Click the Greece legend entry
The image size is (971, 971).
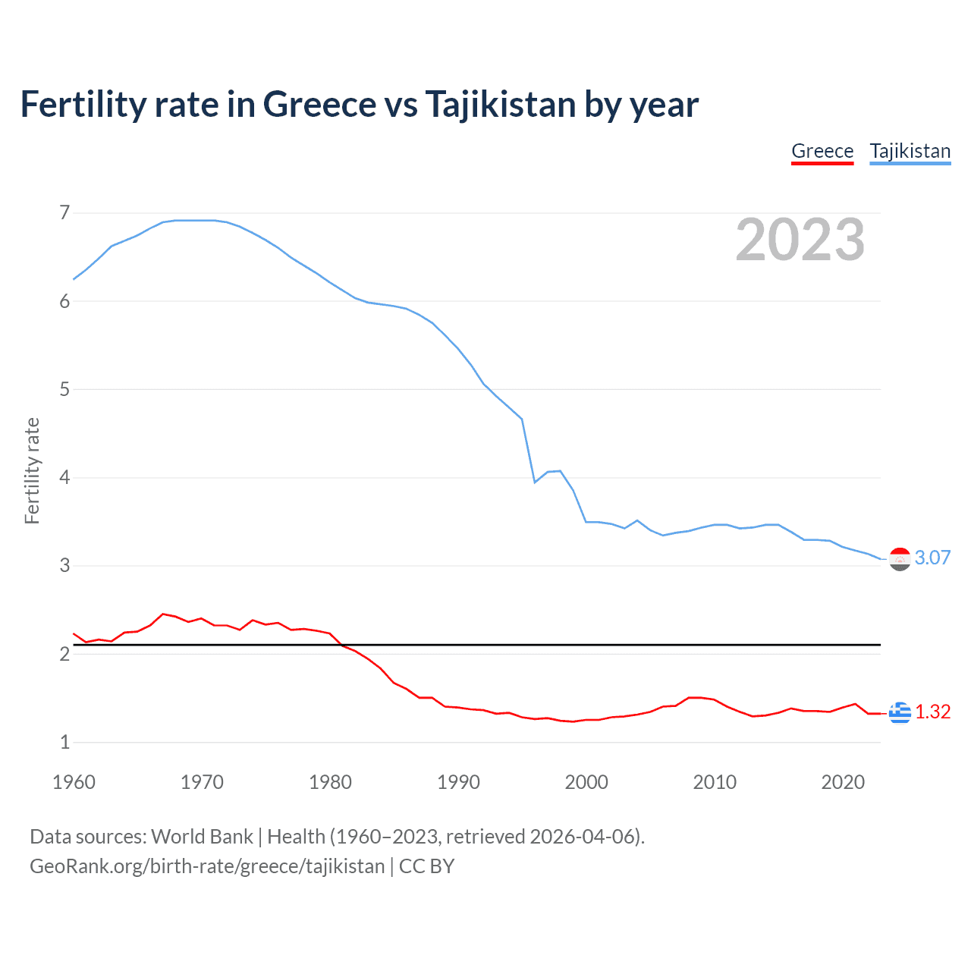[x=822, y=151]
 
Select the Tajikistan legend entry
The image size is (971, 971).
[x=910, y=151]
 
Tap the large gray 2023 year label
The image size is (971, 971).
[x=800, y=240]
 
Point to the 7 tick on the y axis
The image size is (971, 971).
[x=64, y=212]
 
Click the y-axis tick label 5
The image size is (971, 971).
[x=64, y=389]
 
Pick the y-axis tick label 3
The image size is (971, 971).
[x=64, y=566]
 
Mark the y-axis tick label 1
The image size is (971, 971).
[x=64, y=742]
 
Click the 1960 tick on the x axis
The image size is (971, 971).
[x=74, y=782]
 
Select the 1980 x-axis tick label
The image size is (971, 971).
[x=330, y=782]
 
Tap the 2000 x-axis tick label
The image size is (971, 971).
[x=586, y=782]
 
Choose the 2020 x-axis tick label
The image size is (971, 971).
[x=843, y=782]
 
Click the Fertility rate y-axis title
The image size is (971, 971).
[x=32, y=470]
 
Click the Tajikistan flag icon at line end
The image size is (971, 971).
[x=900, y=559]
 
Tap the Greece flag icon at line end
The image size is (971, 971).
[x=900, y=712]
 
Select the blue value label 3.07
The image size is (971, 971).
[x=932, y=558]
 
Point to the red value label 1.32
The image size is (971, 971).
[x=932, y=712]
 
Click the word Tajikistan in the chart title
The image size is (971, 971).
[x=500, y=105]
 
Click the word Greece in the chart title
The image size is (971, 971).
[x=319, y=105]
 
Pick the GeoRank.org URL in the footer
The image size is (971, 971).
[x=207, y=866]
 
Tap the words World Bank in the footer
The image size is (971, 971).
[x=202, y=837]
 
